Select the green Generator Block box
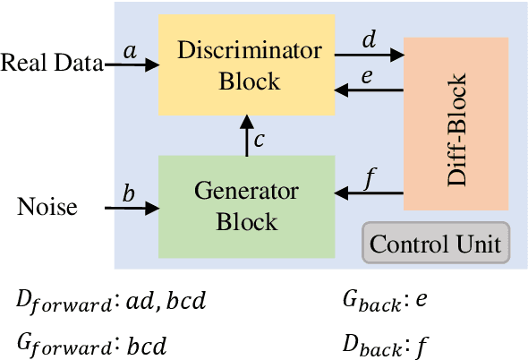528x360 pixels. pyautogui.click(x=246, y=206)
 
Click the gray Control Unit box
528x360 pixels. pyautogui.click(x=436, y=243)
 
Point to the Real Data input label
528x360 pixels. pyautogui.click(x=50, y=63)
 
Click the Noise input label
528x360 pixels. pyautogui.click(x=47, y=208)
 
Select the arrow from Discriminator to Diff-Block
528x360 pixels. pyautogui.click(x=369, y=55)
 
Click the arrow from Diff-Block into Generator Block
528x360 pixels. pyautogui.click(x=369, y=190)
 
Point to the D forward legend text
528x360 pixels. pyautogui.click(x=112, y=302)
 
